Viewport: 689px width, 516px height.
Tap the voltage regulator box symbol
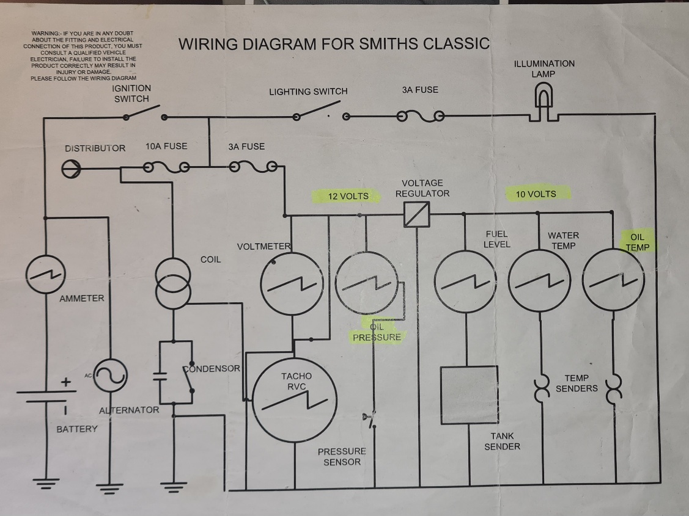point(417,214)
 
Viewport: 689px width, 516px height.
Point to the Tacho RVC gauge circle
point(295,399)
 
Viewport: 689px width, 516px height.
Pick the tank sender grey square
point(469,394)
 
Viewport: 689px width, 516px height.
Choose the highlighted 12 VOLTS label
point(348,195)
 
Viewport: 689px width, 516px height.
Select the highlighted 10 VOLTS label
point(536,194)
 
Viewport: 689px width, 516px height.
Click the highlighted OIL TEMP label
point(637,242)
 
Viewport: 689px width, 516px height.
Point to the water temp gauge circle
point(540,281)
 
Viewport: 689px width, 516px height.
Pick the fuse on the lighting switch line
point(421,116)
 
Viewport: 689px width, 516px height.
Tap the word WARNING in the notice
point(45,32)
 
